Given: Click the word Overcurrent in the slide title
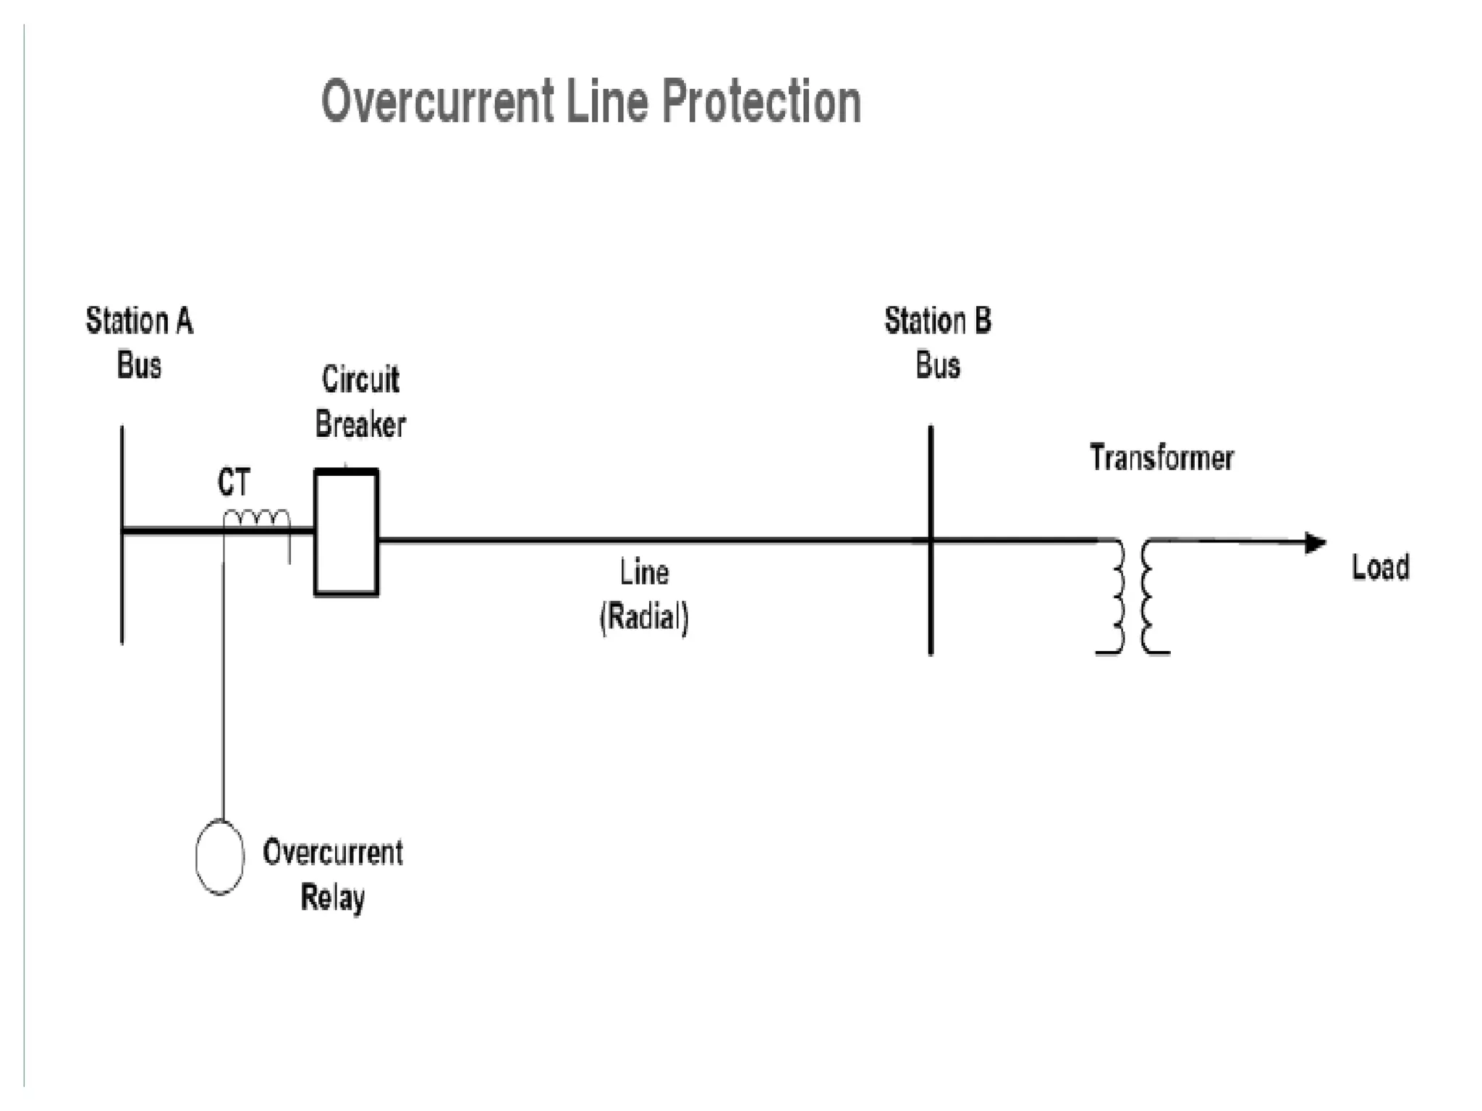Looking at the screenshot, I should tap(438, 102).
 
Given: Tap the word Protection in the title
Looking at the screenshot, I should tap(761, 102).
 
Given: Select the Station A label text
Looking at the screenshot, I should tap(140, 321).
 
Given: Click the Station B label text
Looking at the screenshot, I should tap(938, 321).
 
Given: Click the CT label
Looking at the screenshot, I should tap(234, 482).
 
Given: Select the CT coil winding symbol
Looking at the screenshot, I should tap(257, 519).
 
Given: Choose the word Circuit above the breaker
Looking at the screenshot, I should tap(360, 380).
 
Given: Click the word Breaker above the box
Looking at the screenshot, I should tap(360, 424).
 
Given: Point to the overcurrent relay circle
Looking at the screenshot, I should tap(220, 857).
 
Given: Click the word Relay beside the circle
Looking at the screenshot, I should tap(332, 898).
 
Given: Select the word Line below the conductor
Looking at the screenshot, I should tap(644, 573).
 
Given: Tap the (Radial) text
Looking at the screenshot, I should tap(644, 617).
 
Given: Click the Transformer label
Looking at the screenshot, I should tap(1161, 458).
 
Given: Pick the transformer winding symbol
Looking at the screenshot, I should tap(1132, 597).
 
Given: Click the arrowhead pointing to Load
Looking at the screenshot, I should tap(1315, 542).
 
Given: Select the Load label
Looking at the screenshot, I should tap(1381, 567).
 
